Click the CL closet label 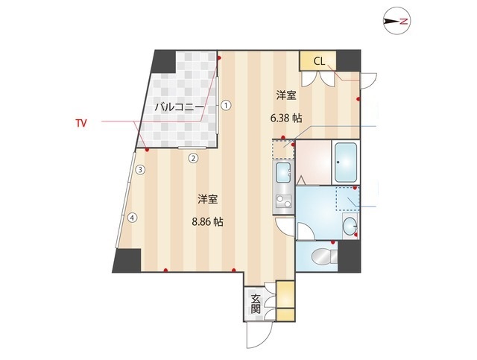318,60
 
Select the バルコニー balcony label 179,107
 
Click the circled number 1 226,106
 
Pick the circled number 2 192,157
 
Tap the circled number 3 139,170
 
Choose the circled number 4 132,218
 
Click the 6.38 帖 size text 285,117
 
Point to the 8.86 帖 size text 208,221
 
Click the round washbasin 350,227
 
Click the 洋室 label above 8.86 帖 208,200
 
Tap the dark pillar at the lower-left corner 127,260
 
